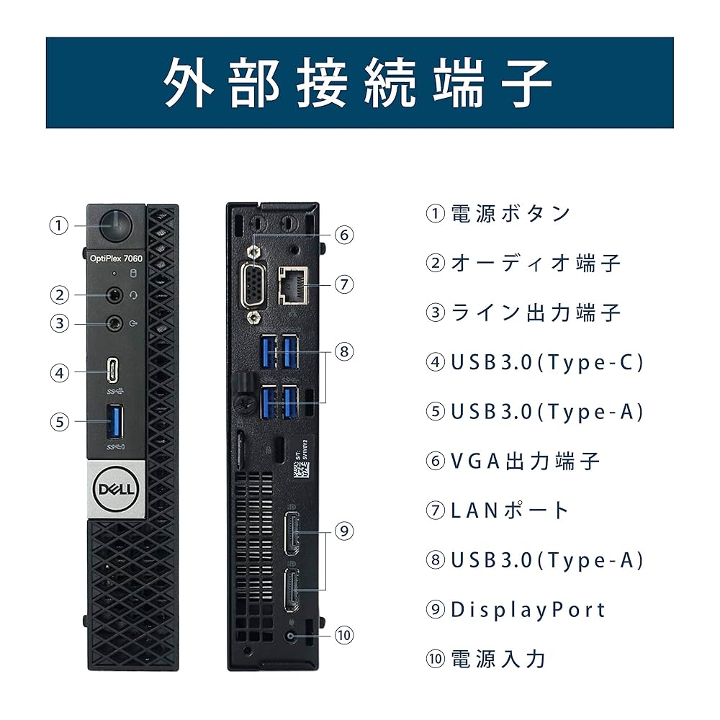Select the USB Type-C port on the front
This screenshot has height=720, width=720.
[x=114, y=372]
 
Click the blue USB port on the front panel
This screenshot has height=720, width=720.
[x=114, y=421]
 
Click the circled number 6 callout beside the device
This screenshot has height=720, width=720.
[x=344, y=234]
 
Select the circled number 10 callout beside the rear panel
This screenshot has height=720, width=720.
[x=344, y=635]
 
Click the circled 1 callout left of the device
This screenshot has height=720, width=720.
[x=59, y=225]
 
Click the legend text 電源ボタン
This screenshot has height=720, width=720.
[x=510, y=213]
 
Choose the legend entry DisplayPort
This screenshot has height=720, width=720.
[x=528, y=609]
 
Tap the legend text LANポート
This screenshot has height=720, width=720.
[x=510, y=510]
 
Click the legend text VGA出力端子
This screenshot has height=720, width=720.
[x=525, y=461]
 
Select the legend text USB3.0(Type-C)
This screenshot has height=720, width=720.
[x=546, y=362]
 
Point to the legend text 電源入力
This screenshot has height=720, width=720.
[x=498, y=658]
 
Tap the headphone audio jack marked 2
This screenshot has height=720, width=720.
[x=114, y=294]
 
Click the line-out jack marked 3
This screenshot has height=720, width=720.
[x=114, y=323]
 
